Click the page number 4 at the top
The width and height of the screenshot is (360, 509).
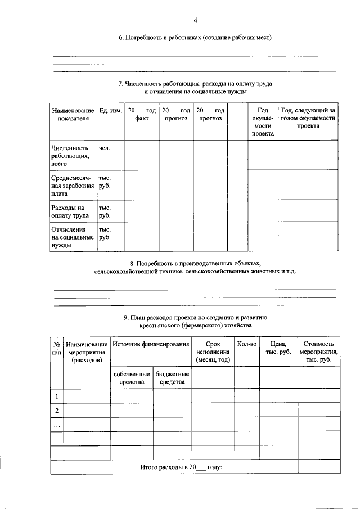click(195, 21)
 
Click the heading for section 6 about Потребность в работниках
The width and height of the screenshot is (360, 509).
click(195, 38)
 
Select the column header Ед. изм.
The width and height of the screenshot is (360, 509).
click(110, 111)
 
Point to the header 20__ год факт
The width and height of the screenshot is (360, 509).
click(141, 115)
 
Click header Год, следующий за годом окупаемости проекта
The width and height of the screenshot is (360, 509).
click(308, 118)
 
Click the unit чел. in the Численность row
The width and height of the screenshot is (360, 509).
click(104, 148)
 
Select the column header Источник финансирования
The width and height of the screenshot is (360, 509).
click(150, 344)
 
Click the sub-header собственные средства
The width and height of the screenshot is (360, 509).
click(131, 378)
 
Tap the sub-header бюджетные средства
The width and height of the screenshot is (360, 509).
click(172, 378)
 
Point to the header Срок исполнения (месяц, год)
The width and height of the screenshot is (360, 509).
click(213, 352)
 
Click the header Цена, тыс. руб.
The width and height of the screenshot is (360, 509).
click(278, 348)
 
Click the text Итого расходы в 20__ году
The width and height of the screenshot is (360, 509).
click(181, 467)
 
